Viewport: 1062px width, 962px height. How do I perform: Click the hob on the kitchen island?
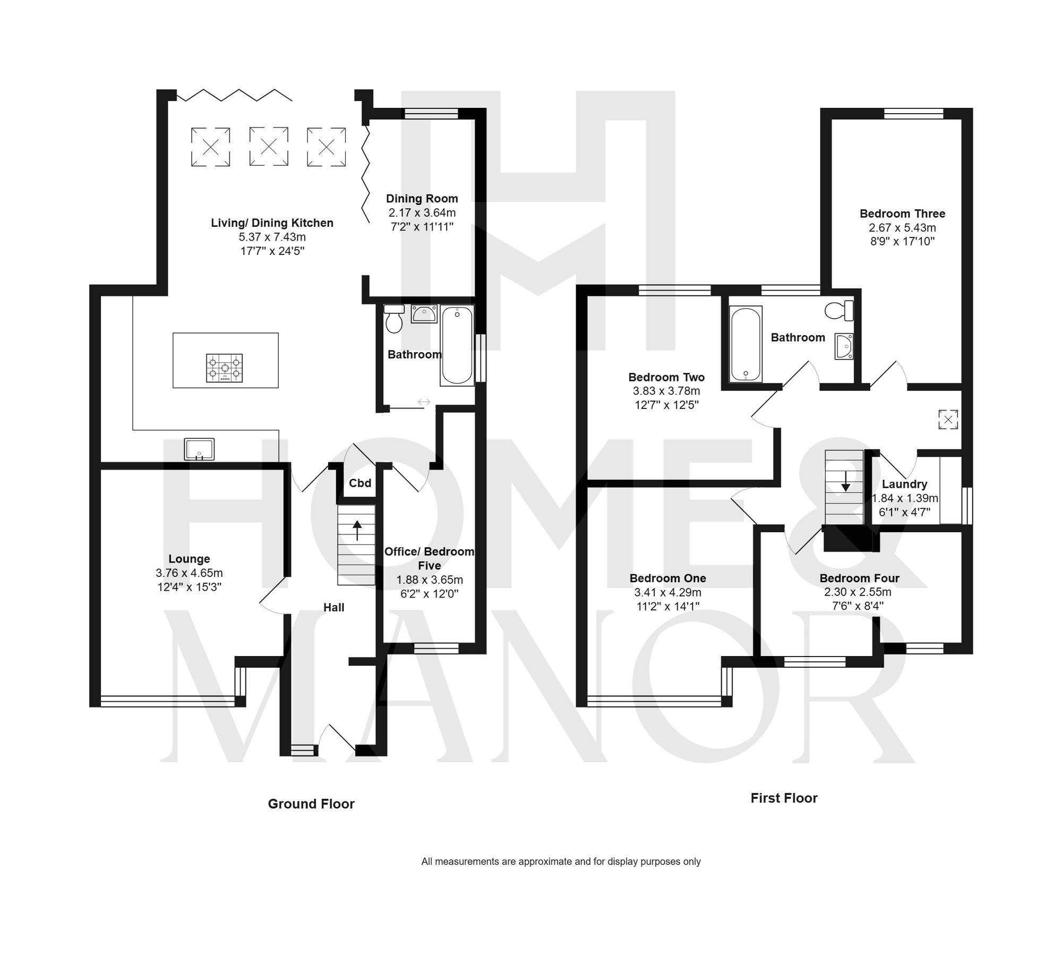(x=224, y=368)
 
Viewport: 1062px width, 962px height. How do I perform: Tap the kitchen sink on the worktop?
(x=199, y=449)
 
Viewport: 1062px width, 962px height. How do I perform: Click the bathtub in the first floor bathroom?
(x=746, y=344)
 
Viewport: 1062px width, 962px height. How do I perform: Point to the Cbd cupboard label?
(x=359, y=483)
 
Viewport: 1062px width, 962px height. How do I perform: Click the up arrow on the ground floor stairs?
(x=357, y=530)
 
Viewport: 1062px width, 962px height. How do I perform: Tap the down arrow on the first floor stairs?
(x=845, y=481)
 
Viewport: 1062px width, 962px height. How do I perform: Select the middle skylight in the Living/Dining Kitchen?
(x=269, y=147)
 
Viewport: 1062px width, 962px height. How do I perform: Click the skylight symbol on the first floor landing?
(x=948, y=419)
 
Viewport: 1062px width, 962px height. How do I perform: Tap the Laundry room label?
(x=904, y=484)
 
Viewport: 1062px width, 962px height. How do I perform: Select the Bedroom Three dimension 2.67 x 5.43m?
(x=902, y=228)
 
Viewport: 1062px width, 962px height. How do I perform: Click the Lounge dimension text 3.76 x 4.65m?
(x=189, y=573)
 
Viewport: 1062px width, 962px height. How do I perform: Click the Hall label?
(x=333, y=608)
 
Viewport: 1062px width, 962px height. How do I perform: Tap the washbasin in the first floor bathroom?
(x=844, y=346)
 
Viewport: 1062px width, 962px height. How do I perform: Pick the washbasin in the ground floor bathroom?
(x=424, y=314)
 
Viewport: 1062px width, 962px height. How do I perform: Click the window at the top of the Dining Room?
(x=431, y=113)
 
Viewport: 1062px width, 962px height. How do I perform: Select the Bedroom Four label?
(x=859, y=578)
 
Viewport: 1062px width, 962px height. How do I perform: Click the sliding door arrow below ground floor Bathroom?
(x=424, y=402)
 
